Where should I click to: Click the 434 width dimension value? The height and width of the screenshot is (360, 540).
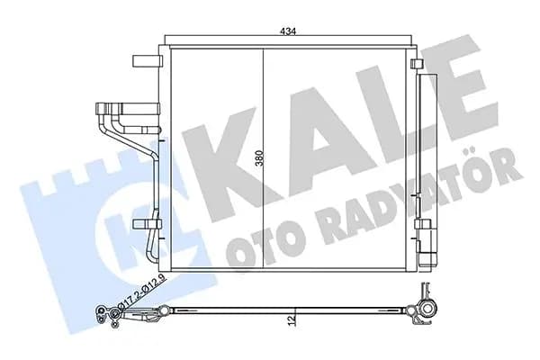288,31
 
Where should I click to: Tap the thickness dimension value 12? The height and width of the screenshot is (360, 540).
291,320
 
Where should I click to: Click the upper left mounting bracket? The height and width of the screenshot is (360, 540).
147,60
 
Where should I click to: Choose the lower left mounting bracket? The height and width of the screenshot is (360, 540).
147,225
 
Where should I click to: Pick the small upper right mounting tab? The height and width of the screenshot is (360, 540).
416,63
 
